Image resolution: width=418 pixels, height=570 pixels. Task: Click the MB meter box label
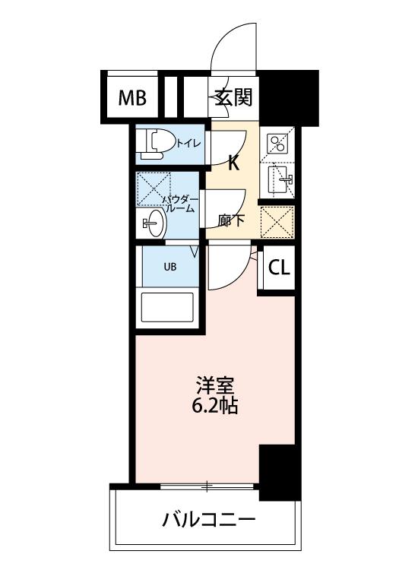point(133,97)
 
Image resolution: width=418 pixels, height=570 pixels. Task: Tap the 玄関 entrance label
point(233,97)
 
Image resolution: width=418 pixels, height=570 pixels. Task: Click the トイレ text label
point(188,143)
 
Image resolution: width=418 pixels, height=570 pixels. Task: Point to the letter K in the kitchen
point(233,163)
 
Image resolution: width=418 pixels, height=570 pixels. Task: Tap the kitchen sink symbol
point(281,179)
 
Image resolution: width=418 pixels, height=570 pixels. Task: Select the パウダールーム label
point(180,204)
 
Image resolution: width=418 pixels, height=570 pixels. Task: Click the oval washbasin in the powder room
point(155,223)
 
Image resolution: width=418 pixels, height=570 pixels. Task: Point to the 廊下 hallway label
point(231,220)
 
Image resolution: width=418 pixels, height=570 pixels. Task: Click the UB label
point(170,267)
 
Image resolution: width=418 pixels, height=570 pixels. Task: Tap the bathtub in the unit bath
point(167,307)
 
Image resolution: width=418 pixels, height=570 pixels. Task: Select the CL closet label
point(279,268)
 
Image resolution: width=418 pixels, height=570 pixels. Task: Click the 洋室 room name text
point(214,385)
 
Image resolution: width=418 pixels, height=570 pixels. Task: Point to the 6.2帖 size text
point(214,405)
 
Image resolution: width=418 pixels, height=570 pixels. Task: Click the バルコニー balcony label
point(209,520)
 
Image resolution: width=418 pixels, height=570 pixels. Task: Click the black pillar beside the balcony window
point(280,472)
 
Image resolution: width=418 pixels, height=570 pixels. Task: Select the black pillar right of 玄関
point(289,97)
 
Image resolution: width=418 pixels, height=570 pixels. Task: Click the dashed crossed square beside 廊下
point(277,222)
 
